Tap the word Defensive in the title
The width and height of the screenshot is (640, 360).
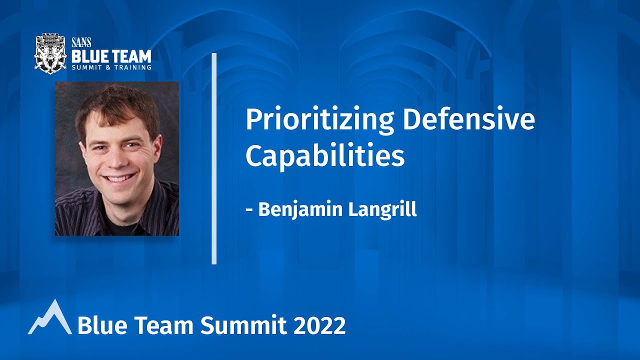468,120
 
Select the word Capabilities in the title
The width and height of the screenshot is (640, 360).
324,156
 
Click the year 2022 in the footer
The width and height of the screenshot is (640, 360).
319,326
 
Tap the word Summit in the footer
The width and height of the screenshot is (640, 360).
244,326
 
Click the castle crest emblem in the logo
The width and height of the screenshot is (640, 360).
50,52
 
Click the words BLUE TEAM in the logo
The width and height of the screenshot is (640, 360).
111,54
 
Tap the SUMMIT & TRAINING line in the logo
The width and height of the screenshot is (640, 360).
111,66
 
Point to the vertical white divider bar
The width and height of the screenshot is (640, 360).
214,158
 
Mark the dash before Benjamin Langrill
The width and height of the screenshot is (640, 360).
249,210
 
